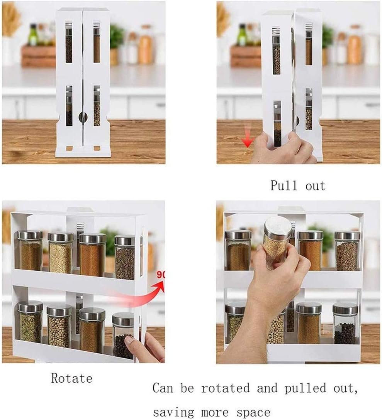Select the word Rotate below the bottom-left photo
72,378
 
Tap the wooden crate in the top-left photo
38,57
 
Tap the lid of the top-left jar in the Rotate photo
30,235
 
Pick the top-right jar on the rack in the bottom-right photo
347,251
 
